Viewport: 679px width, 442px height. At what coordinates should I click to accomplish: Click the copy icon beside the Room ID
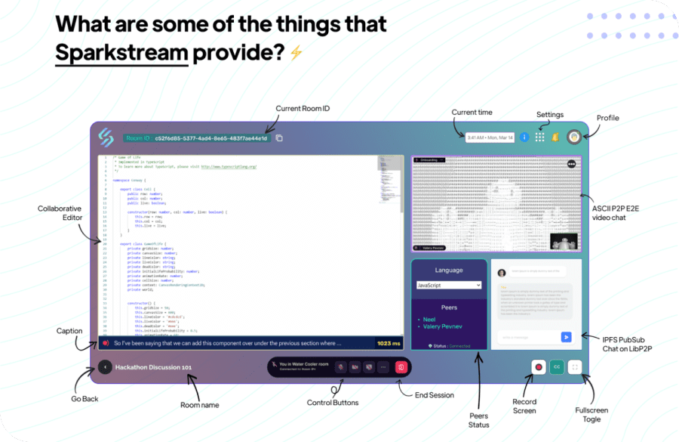pyautogui.click(x=279, y=138)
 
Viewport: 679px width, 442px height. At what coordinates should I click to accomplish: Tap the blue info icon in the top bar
pyautogui.click(x=525, y=138)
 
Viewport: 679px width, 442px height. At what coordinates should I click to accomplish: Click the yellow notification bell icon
pyautogui.click(x=555, y=138)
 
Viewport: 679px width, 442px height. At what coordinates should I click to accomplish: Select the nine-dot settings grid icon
pyautogui.click(x=540, y=138)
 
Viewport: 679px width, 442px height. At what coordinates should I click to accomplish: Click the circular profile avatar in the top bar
pyautogui.click(x=573, y=138)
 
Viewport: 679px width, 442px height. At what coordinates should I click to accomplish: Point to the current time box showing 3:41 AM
pyautogui.click(x=490, y=138)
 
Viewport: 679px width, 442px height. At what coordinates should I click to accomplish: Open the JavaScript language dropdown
pyautogui.click(x=448, y=286)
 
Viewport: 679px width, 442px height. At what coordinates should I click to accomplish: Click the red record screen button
pyautogui.click(x=539, y=367)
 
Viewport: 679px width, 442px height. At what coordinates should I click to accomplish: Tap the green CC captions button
pyautogui.click(x=557, y=367)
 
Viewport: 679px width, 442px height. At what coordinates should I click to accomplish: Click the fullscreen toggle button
pyautogui.click(x=576, y=367)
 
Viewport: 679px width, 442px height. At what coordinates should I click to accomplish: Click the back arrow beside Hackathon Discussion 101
pyautogui.click(x=105, y=367)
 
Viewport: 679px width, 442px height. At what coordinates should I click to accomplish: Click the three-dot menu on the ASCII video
pyautogui.click(x=571, y=164)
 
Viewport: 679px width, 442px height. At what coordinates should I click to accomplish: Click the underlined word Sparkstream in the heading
pyautogui.click(x=121, y=52)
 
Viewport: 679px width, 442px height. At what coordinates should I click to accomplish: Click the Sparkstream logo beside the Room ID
pyautogui.click(x=106, y=137)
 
